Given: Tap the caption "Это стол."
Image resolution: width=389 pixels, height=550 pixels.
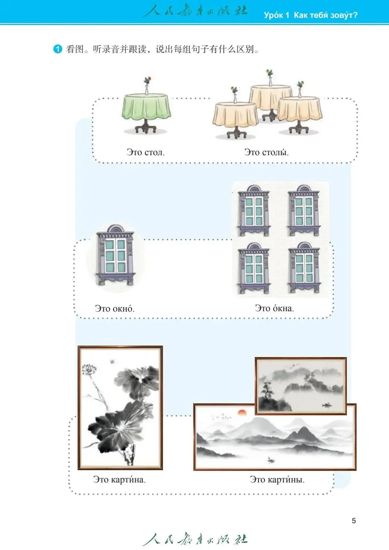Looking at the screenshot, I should [x=145, y=152].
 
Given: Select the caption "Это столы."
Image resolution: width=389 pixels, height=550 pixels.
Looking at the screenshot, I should [x=266, y=152].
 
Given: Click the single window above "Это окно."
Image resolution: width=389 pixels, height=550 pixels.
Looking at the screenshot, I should [x=115, y=255].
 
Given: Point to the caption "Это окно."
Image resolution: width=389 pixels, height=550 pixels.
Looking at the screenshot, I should [x=114, y=309].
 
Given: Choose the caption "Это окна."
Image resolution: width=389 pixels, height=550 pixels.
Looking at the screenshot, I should [x=274, y=308].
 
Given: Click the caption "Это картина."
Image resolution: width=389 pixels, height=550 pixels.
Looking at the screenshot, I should [x=119, y=479].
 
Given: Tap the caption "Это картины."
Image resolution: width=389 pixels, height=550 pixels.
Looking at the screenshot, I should [x=277, y=479].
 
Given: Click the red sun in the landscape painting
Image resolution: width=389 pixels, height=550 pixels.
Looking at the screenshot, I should [x=242, y=412].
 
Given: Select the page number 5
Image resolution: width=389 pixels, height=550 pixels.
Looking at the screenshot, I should [x=354, y=521].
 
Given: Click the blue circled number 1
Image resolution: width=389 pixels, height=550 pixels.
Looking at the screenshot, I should [x=58, y=49].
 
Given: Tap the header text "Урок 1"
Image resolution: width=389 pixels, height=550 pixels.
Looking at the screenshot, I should [x=276, y=15].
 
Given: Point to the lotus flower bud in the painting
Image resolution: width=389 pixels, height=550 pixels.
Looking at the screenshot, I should [x=88, y=370].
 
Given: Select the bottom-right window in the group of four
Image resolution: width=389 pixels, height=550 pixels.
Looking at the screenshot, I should [x=304, y=268].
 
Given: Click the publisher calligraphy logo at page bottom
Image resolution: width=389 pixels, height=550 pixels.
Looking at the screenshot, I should [x=194, y=539].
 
